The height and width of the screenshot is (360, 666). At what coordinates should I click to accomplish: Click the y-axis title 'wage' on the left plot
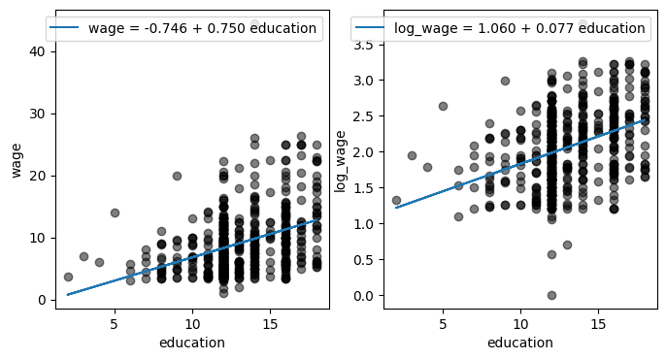pos(17,160)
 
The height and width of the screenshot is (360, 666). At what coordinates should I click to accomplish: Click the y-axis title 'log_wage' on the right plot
pos(340,161)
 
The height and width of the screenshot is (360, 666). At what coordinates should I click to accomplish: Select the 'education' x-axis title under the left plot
pos(192,343)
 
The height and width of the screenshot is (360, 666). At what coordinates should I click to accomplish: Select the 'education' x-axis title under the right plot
pos(520,343)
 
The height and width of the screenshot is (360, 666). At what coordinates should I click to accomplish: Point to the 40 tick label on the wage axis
pos(37,51)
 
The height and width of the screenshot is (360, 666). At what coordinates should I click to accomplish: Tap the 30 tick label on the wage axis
pos(37,114)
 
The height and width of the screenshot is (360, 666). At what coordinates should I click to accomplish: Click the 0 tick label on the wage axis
pos(41,300)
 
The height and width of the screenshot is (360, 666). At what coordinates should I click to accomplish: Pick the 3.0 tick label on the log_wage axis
pos(363,81)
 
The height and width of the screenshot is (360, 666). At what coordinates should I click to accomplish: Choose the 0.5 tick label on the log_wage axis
pos(363,259)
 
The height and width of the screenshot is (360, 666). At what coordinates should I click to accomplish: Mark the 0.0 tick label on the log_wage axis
pos(363,295)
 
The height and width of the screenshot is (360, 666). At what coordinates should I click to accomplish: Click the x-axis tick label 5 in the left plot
pos(114,324)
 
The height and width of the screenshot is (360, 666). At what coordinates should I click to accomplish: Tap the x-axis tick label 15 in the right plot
pos(598,324)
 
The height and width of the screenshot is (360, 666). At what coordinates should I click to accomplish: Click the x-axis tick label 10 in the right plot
pos(520,324)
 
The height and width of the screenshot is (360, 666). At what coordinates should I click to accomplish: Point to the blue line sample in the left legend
pos(64,27)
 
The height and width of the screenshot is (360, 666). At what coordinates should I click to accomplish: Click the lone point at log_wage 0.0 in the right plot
pos(551,295)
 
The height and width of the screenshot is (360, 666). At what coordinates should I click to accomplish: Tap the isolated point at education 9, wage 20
pos(177,176)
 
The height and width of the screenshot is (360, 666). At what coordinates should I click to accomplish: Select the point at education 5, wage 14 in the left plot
pos(115,213)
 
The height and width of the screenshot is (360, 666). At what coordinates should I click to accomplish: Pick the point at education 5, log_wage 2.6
pos(443,106)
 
